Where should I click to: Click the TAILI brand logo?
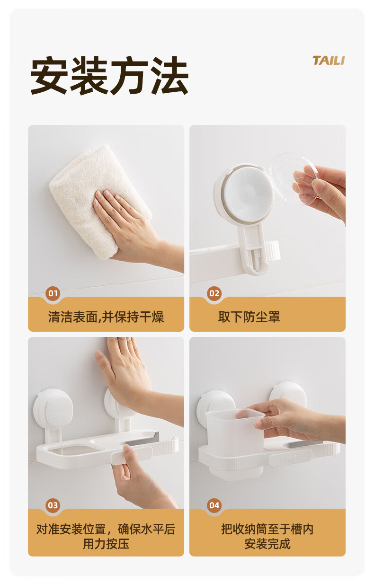pos(329,61)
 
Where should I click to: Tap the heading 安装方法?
pos(109,76)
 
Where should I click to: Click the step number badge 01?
pos(53,293)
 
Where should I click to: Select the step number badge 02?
pos(214,293)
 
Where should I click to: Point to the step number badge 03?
pos(53,505)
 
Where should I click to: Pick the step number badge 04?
pos(214,505)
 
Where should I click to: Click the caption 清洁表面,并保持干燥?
pos(106,317)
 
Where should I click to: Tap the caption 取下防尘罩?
pos(249,317)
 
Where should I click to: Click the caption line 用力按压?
pos(106,544)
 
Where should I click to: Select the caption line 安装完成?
pos(267,544)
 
